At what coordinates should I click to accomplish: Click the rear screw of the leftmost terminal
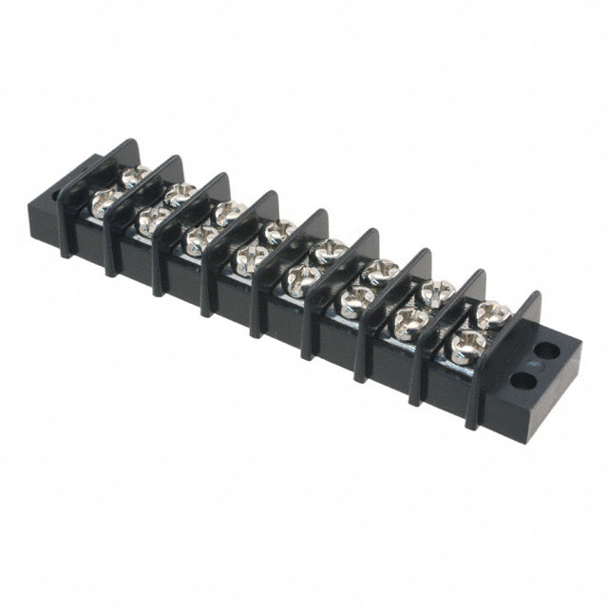tap(135, 177)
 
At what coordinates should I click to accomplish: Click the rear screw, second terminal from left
tap(180, 195)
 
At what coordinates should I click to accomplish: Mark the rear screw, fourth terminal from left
tap(279, 232)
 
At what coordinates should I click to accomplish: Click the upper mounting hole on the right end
tap(547, 350)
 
